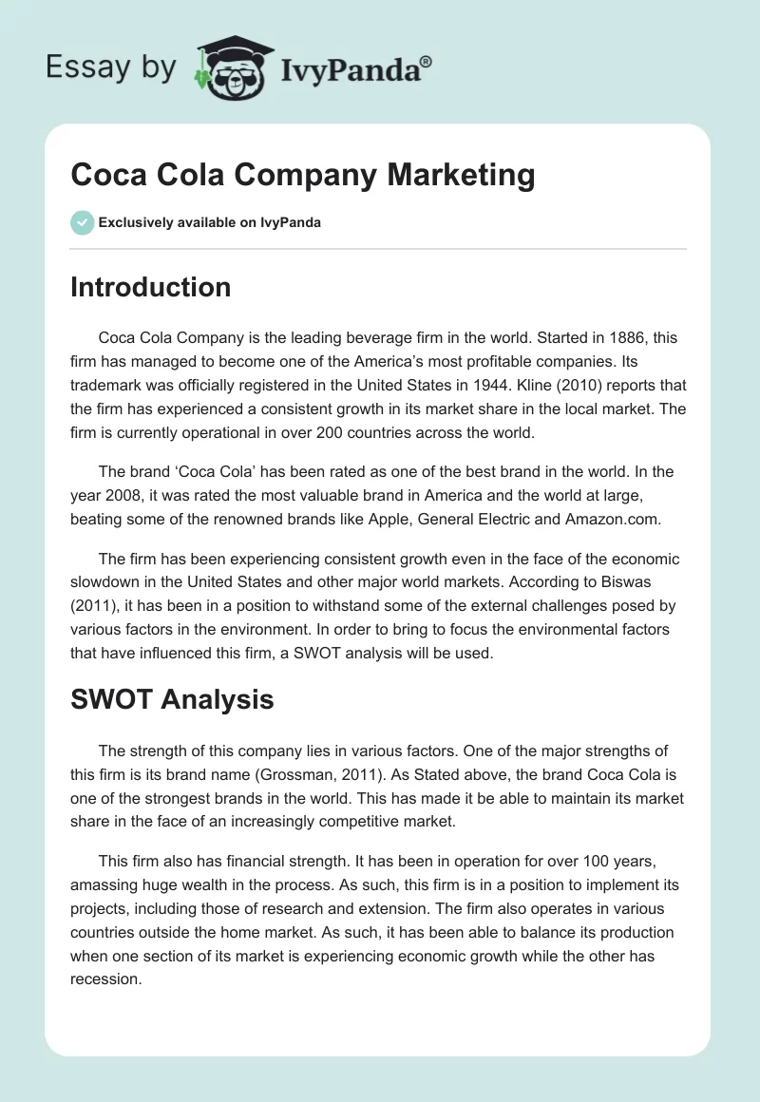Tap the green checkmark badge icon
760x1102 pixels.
[82, 222]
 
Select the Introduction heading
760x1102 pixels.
[150, 287]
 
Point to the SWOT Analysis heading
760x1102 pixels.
[172, 699]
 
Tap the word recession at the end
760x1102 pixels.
[105, 978]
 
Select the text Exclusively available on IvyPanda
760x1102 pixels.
[210, 222]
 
